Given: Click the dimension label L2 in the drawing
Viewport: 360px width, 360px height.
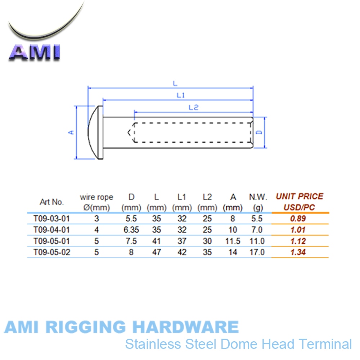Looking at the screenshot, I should click(x=194, y=107).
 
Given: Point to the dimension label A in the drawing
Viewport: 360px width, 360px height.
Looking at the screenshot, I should click(x=72, y=132).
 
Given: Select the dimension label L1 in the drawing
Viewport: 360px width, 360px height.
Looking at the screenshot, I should click(x=181, y=95).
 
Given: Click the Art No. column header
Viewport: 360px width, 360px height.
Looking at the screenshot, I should click(x=52, y=202).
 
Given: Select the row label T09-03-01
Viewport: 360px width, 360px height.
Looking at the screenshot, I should click(x=51, y=219).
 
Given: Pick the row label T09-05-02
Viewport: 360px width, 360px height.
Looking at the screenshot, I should click(x=51, y=252).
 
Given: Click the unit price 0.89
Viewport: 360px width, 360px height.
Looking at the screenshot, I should click(x=298, y=219).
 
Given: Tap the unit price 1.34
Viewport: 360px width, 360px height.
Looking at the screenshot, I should click(x=298, y=252).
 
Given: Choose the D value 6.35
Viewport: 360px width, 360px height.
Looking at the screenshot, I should click(x=131, y=230).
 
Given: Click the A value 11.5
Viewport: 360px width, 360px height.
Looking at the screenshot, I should click(x=233, y=241).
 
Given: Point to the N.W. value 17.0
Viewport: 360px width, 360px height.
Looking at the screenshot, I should click(x=257, y=252).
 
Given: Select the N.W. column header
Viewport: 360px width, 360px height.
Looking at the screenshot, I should click(x=258, y=197).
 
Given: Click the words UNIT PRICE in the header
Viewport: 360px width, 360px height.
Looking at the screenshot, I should click(x=300, y=197).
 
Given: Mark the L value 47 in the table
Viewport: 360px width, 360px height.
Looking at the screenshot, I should click(x=156, y=252).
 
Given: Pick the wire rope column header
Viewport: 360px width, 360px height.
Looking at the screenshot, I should click(x=96, y=197).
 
